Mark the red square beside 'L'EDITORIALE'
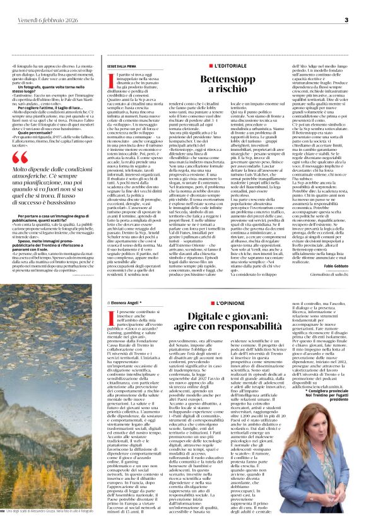tap(211, 66)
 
